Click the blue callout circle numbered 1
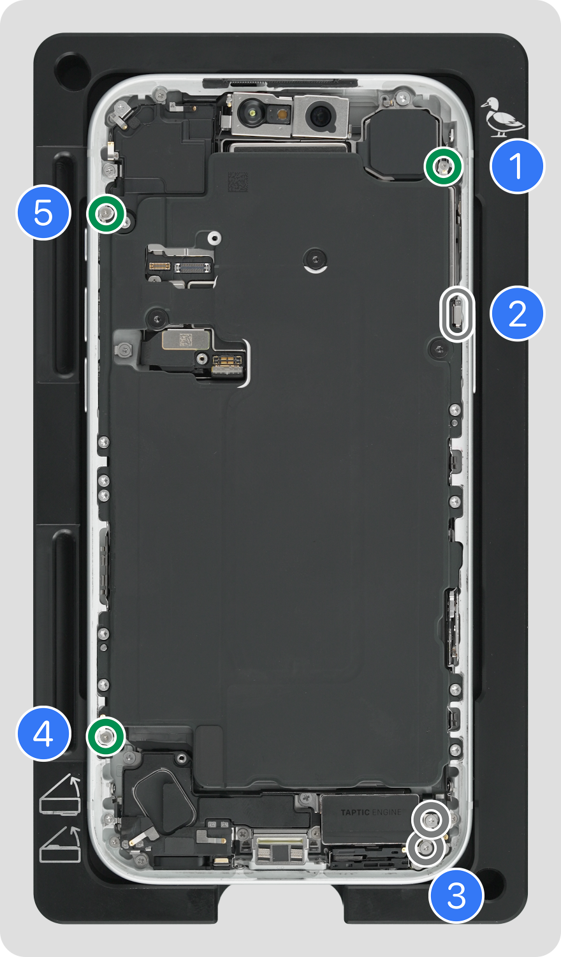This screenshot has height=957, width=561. click(x=518, y=166)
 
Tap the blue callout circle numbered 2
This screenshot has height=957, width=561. click(x=518, y=314)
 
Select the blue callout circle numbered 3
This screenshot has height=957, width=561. click(x=456, y=895)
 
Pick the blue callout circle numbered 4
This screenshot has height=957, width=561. click(x=43, y=733)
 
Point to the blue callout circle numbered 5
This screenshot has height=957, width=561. click(x=43, y=212)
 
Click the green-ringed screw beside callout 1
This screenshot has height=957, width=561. click(x=444, y=166)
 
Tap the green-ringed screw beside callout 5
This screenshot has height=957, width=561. click(x=106, y=213)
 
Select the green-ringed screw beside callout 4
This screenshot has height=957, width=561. click(x=105, y=736)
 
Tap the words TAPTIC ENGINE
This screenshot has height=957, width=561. click(x=370, y=812)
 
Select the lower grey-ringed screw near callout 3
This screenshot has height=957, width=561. click(x=425, y=848)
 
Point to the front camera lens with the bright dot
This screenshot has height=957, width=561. click(x=252, y=113)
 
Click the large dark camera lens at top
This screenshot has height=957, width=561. click(x=320, y=115)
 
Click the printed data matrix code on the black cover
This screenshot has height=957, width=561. click(x=238, y=182)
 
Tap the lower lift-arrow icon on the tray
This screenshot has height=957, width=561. click(x=61, y=846)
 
